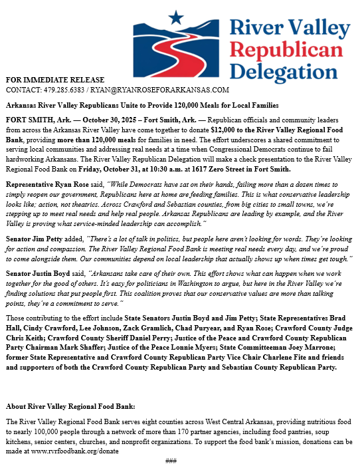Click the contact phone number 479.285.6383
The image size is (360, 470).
coord(66,89)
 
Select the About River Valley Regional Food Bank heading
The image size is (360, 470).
coord(70,406)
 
